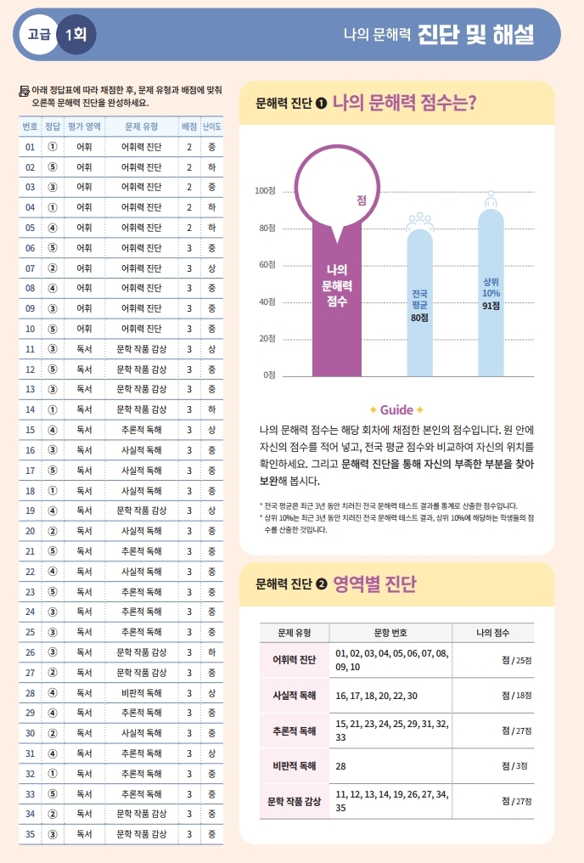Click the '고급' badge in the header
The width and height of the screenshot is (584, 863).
click(39, 36)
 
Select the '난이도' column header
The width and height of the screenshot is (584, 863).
click(211, 127)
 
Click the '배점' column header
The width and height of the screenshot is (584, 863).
click(188, 127)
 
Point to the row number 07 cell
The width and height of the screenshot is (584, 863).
click(30, 268)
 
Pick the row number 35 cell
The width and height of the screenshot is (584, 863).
click(30, 833)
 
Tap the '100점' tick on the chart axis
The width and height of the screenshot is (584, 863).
click(266, 191)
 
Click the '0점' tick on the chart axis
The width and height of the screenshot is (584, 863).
click(268, 375)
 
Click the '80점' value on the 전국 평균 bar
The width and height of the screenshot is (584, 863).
click(419, 317)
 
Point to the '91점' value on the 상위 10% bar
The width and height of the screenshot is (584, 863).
click(491, 306)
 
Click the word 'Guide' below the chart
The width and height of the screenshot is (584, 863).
click(396, 409)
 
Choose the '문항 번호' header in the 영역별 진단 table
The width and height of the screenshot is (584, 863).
click(390, 633)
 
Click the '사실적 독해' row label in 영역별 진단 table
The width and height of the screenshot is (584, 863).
click(294, 695)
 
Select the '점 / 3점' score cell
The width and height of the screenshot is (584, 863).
click(514, 764)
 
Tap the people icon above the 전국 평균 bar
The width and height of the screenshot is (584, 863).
click(419, 221)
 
